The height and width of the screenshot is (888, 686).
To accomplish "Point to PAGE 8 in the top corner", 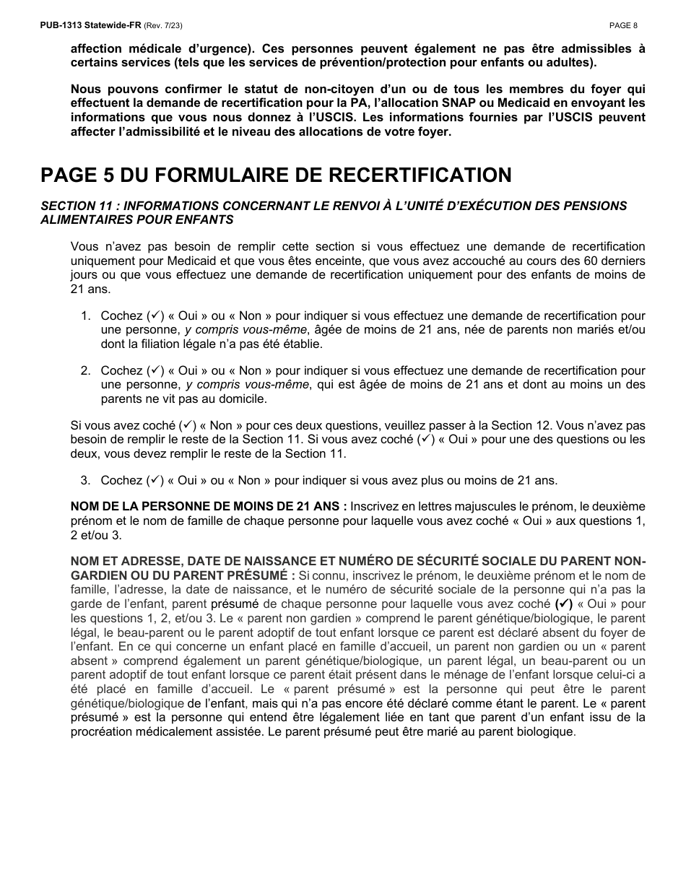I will click(x=623, y=25).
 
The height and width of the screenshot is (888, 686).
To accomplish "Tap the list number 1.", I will click(x=85, y=316).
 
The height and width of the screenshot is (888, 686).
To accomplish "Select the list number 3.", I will click(x=85, y=481).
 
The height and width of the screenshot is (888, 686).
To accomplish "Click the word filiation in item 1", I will click(x=146, y=344).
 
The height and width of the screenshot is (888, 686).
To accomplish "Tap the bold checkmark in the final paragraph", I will click(x=563, y=604).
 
